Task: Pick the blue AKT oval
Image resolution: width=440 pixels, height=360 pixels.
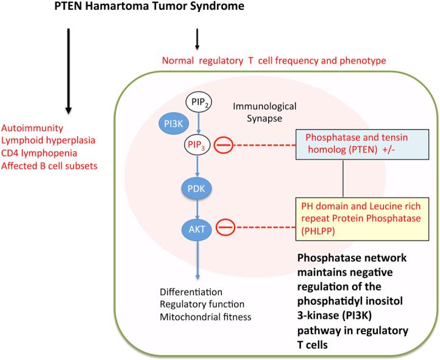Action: (x=197, y=228)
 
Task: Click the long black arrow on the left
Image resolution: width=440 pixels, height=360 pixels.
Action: (x=69, y=70)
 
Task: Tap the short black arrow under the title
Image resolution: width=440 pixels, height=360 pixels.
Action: (x=197, y=38)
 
